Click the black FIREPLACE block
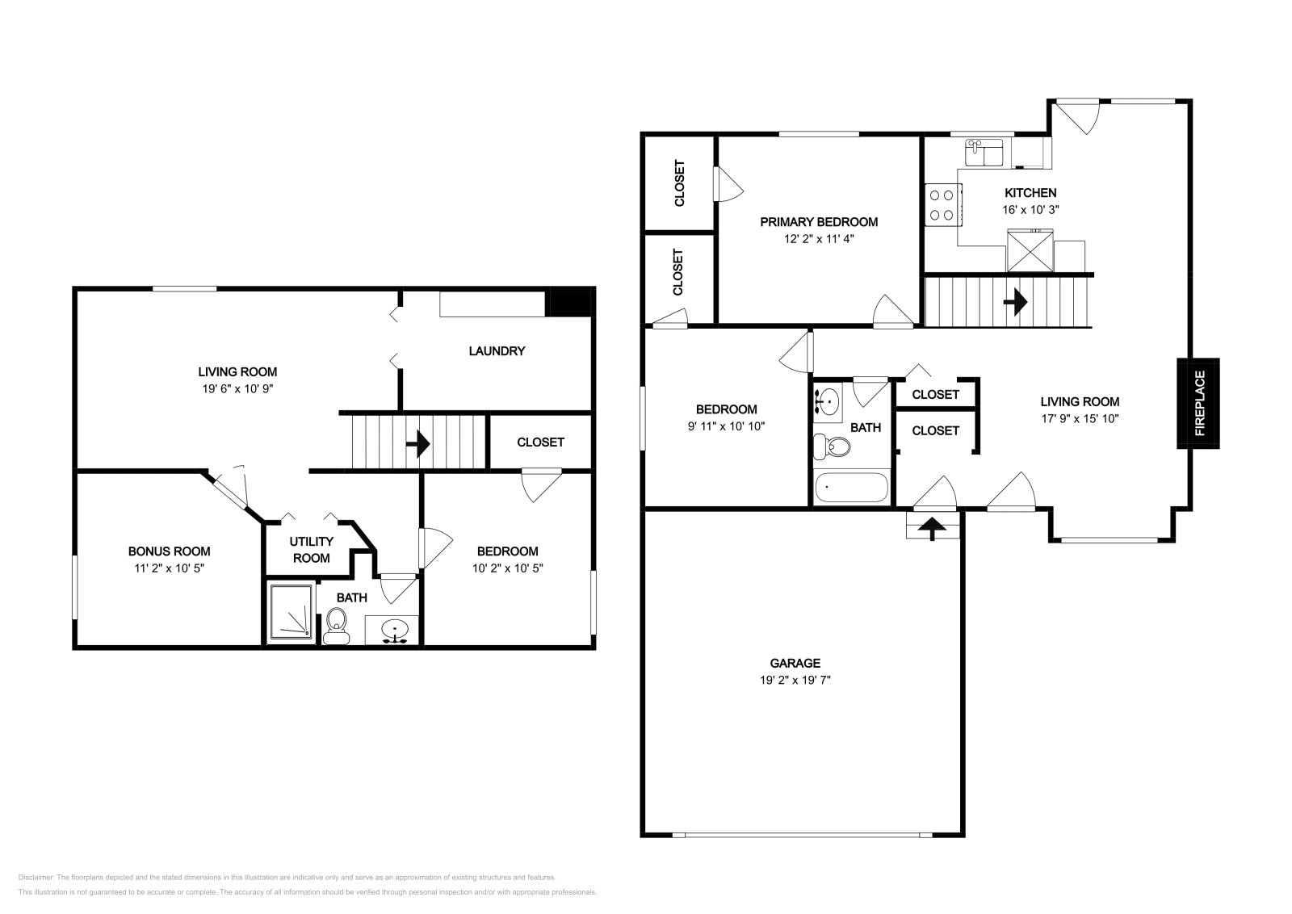coord(1198,403)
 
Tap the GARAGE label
coord(795,663)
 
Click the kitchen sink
coord(984,153)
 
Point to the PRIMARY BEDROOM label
coord(819,222)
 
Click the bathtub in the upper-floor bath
coord(851,487)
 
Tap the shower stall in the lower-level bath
coord(292,612)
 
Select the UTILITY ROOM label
coord(312,550)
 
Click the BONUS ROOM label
coord(169,551)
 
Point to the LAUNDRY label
coord(497,350)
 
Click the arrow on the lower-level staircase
coord(418,444)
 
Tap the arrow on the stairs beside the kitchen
coord(1016,302)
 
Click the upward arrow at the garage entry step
coord(933,527)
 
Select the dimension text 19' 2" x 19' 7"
coord(795,680)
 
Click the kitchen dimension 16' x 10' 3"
coord(1030,210)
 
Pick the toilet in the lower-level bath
coord(336,627)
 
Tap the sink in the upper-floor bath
coord(828,400)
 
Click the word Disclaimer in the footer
coord(36,877)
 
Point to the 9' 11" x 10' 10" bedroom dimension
coord(726,426)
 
